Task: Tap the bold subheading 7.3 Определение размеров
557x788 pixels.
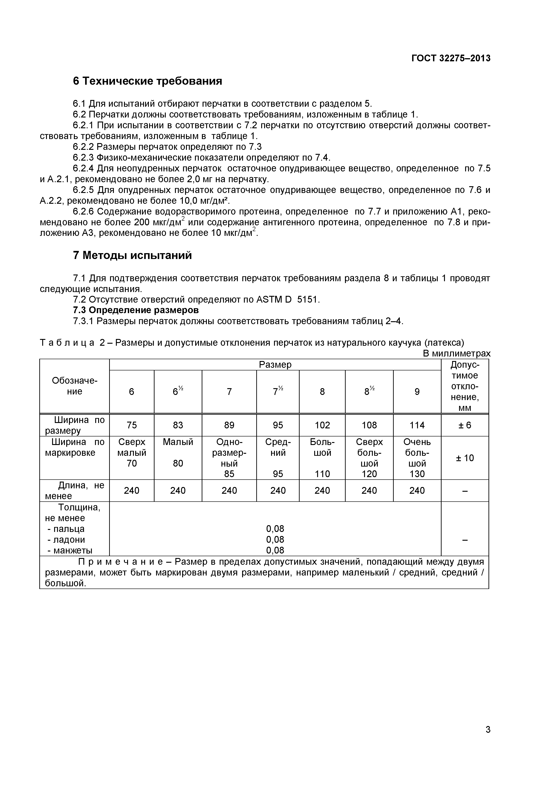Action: click(x=136, y=310)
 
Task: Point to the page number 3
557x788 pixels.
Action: click(x=488, y=739)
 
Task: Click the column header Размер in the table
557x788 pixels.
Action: click(x=275, y=365)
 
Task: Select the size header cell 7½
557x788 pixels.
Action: click(x=278, y=391)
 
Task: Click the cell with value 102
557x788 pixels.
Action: click(x=322, y=425)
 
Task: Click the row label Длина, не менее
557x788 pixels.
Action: click(x=75, y=490)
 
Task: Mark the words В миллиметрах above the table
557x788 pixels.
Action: click(x=456, y=354)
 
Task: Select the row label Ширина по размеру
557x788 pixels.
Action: click(x=75, y=425)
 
